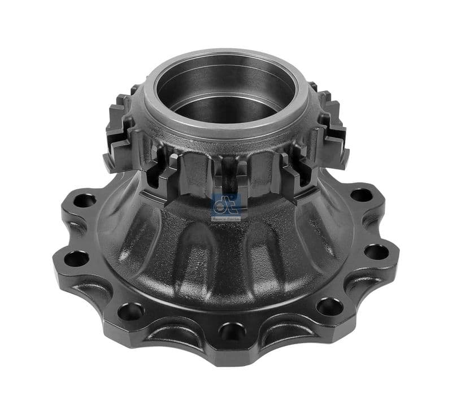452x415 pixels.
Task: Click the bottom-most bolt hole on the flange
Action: click(232, 330)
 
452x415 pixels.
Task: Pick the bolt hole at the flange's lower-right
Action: click(329, 307)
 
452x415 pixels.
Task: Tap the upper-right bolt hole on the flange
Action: click(361, 195)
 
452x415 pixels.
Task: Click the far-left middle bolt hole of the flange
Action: click(76, 259)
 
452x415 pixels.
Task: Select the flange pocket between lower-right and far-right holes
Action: click(362, 285)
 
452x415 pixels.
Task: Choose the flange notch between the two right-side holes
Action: click(384, 224)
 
